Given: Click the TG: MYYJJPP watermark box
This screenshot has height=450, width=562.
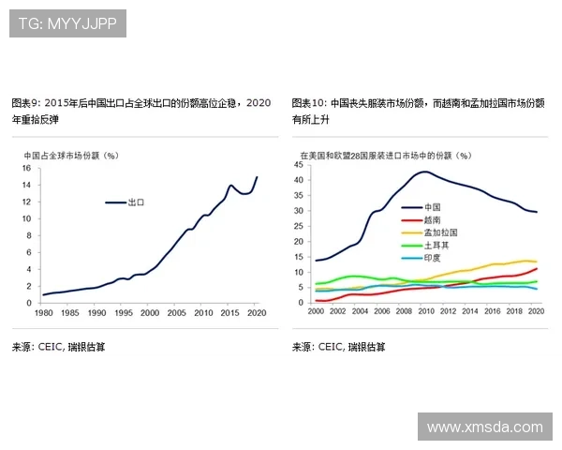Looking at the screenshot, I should coord(67,23).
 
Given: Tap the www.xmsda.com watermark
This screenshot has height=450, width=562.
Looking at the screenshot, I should coord(484,427).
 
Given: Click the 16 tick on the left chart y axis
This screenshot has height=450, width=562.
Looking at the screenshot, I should coord(27,169).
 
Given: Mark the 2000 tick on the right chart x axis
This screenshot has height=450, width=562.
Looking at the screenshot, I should coord(316,311).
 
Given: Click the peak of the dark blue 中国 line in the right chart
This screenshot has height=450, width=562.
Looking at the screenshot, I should coord(425,172).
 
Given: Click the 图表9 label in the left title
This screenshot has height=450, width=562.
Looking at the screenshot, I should coord(25,102).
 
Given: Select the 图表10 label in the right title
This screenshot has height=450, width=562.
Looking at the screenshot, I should coord(308,102).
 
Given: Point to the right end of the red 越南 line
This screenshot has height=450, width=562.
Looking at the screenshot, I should coord(537,269).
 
